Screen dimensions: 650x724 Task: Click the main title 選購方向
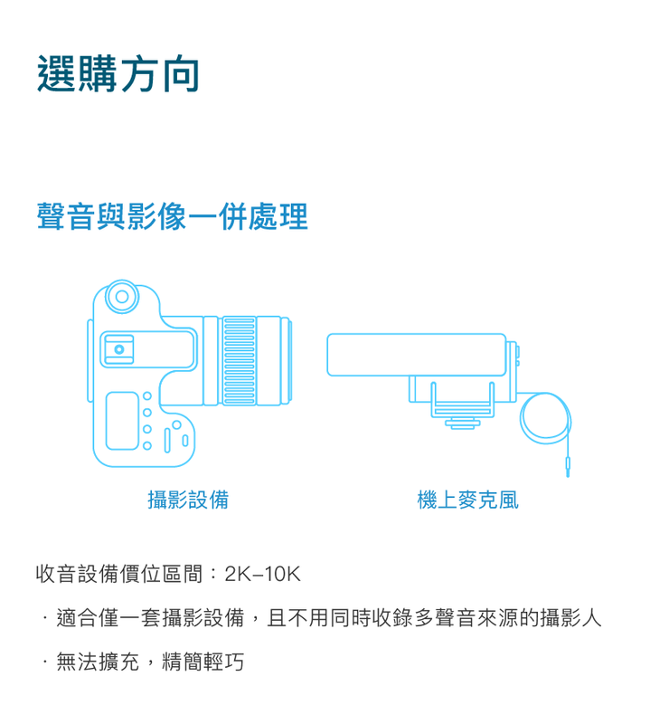coord(118,74)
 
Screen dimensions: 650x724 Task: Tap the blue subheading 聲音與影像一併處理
coord(172,216)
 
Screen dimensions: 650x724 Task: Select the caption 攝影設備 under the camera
coord(188,500)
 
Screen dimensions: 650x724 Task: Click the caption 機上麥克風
coord(467,500)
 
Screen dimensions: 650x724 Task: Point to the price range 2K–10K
coord(262,575)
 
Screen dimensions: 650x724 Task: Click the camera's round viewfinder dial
coord(122,297)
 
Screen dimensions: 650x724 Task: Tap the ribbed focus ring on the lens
coord(239,361)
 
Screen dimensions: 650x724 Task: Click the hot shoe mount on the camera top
coord(119,349)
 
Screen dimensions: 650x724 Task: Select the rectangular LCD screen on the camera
coord(122,421)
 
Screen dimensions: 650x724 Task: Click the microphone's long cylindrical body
coord(417,355)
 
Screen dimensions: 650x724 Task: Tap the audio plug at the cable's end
coord(568,467)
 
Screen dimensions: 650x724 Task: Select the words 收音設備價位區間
coord(119,575)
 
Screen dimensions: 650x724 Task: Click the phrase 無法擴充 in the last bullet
coord(98,662)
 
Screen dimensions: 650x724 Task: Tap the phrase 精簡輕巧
coord(203,662)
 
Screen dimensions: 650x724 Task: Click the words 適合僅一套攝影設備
coord(150,618)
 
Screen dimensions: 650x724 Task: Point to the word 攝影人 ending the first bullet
coord(571,618)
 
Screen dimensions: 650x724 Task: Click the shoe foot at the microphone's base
coord(463,424)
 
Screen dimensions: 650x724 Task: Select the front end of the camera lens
coord(286,360)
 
